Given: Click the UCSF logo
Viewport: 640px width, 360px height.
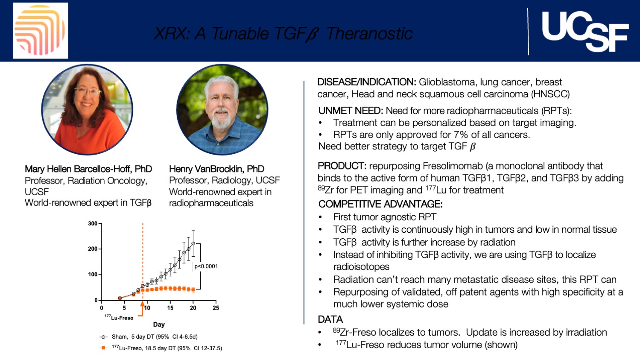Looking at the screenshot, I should click(584, 31).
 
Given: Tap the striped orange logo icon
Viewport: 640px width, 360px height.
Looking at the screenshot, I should click(41, 31).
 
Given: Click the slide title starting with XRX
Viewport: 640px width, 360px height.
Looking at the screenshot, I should click(283, 33).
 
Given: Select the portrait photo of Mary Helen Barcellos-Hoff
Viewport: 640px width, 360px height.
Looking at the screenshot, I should click(87, 109).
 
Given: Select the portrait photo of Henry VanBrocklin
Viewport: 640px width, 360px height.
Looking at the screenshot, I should click(222, 109).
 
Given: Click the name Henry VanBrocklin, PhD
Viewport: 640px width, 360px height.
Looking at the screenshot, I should click(216, 169).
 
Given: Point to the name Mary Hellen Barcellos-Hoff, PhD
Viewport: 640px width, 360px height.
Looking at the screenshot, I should click(88, 169).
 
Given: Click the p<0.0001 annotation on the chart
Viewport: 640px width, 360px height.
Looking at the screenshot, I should click(206, 266).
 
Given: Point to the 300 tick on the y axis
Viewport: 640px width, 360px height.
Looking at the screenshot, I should click(93, 223).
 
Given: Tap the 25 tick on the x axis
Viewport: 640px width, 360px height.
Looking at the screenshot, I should click(216, 308).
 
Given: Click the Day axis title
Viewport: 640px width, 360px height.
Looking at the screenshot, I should click(159, 325).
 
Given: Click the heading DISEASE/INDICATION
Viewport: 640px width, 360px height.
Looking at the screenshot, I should click(366, 82).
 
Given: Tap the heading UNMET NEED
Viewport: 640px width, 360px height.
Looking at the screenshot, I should click(351, 111).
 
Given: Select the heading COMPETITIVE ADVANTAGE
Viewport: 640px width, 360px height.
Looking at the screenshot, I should click(380, 204).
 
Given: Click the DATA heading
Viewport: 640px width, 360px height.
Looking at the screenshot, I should click(330, 319).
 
